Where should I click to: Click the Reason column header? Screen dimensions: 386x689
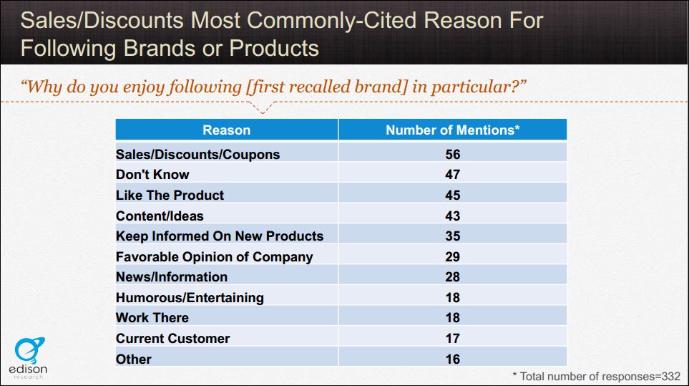pos(226,130)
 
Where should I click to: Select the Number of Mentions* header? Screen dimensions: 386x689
pos(452,130)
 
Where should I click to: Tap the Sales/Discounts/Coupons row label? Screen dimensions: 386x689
pos(197,154)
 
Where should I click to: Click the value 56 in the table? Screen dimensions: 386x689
pos(452,154)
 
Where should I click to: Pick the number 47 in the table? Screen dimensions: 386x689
pos(452,174)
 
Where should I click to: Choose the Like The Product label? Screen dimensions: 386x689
pos(170,195)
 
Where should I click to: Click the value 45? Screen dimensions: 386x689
pos(452,195)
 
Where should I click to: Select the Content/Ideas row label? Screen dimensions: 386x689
pos(160,216)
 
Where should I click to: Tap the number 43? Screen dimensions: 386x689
pos(452,216)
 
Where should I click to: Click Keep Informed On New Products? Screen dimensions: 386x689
pos(220,236)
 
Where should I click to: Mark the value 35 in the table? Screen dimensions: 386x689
pos(452,236)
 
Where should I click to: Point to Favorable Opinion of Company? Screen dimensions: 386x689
pos(214,256)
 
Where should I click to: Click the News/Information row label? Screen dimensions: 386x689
pos(172,276)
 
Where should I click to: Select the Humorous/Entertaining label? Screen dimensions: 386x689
pos(190,297)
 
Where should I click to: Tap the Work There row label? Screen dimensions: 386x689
pos(152,317)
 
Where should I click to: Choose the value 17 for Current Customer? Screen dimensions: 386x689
pos(452,338)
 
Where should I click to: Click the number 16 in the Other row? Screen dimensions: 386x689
pos(452,359)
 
